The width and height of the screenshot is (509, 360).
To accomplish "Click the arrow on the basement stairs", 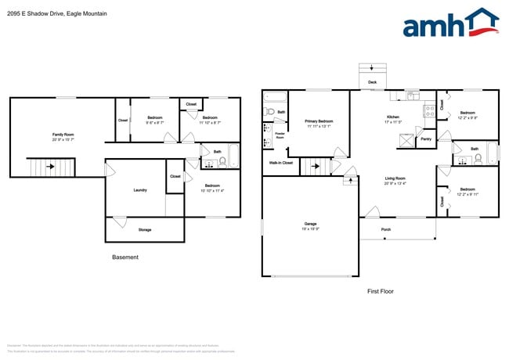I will tap(51, 166).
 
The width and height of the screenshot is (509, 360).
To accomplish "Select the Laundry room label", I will tap(140, 190).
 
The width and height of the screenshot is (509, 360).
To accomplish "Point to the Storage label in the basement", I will tap(145, 229).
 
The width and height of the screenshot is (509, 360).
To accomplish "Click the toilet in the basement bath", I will tap(222, 162).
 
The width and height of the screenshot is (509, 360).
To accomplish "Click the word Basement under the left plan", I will tap(125, 257).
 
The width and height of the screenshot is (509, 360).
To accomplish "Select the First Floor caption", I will tap(380, 291).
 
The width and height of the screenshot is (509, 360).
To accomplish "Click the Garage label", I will tap(311, 225).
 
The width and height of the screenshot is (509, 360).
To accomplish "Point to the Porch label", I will tap(386, 229).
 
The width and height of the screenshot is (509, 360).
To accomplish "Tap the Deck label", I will tap(372, 81).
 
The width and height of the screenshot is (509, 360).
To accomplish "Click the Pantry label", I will tap(426, 139).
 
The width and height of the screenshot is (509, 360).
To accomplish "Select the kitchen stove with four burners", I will tap(428, 111).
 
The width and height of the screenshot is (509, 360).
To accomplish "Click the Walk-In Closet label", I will tap(280, 163).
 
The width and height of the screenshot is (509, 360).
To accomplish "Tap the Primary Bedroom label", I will tap(319, 121).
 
